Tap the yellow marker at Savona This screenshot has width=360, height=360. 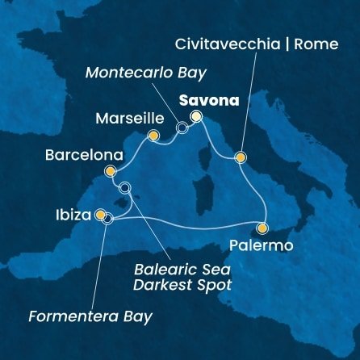pyautogui.click(x=195, y=118)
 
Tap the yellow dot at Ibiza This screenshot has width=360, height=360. pyautogui.click(x=100, y=216)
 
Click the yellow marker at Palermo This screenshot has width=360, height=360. pyautogui.click(x=262, y=228)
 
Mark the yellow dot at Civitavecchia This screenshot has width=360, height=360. pyautogui.click(x=240, y=157)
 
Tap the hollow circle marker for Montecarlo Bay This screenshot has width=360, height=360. pyautogui.click(x=182, y=128)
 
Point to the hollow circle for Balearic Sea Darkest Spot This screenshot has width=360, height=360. pyautogui.click(x=124, y=188)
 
